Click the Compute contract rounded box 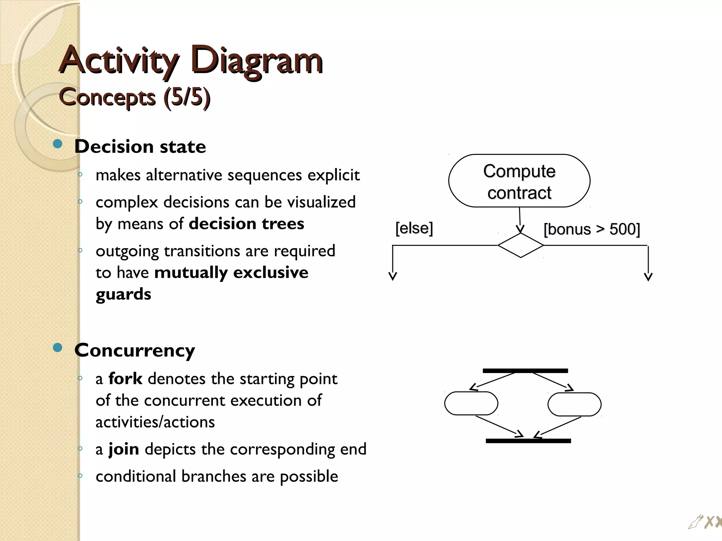point(519,181)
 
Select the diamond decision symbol point(520,245)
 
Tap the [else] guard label point(414,228)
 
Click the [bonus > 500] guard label point(592,229)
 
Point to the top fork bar point(525,371)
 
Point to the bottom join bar point(528,441)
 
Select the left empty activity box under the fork point(471,403)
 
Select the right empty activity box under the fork point(574,404)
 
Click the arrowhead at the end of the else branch point(393,276)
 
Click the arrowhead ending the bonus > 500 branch point(648,277)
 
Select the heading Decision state point(140,146)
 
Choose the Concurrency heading point(134,350)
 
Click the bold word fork point(125,379)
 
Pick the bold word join point(123,449)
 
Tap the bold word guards point(123,294)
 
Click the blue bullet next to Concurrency point(57,348)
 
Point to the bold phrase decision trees point(246,224)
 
